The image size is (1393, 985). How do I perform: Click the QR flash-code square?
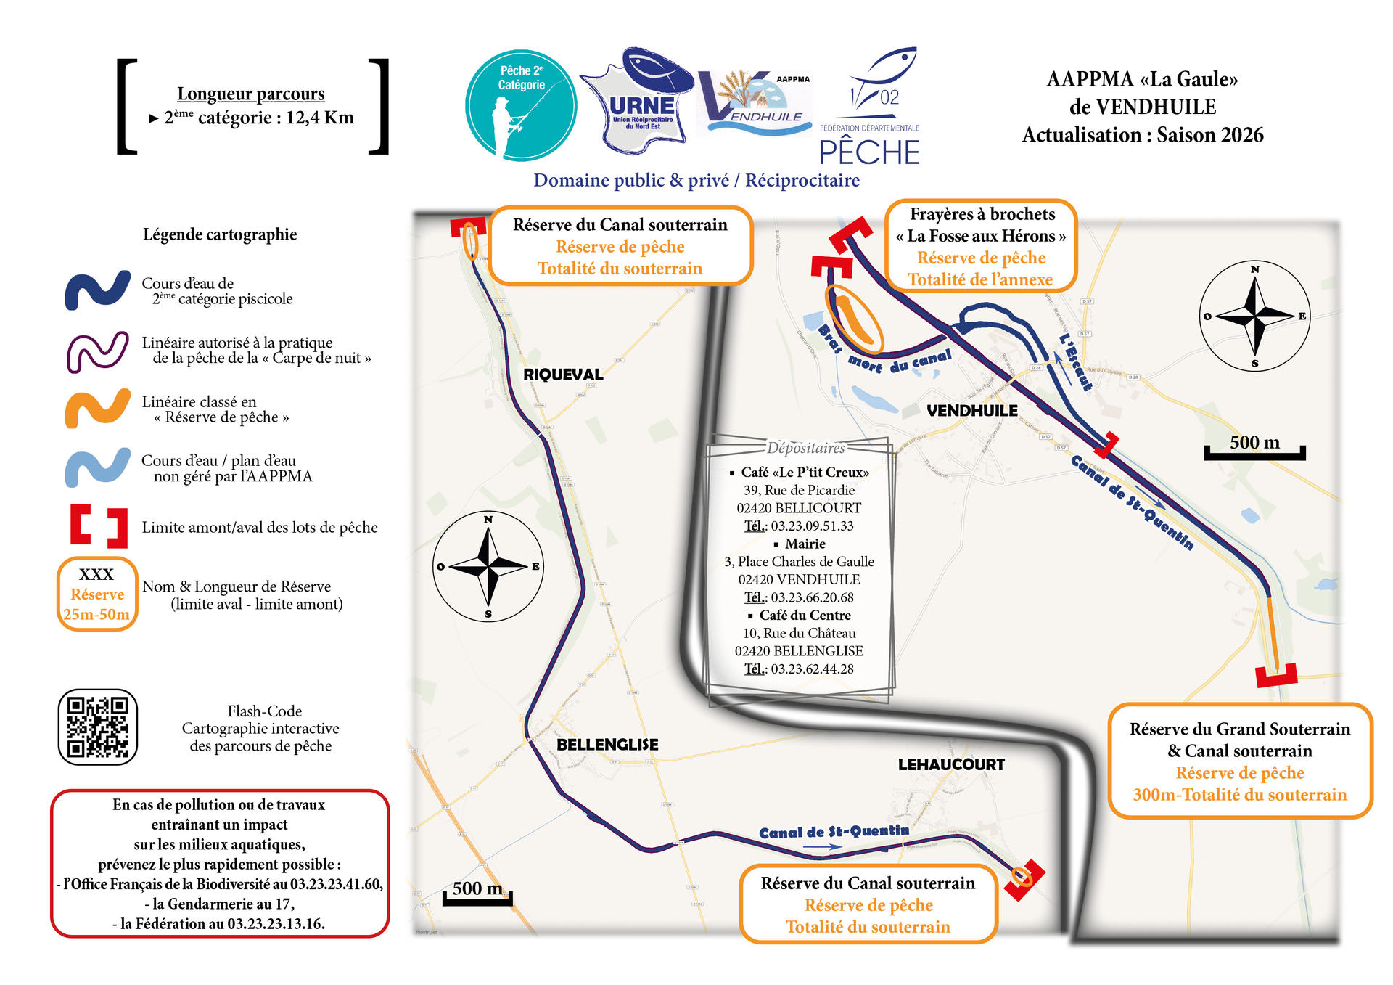(97, 727)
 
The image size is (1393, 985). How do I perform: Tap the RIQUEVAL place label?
(563, 375)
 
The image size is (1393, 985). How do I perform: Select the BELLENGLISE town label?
(607, 745)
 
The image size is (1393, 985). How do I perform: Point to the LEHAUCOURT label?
(951, 764)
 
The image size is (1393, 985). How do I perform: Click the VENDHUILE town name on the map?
(971, 411)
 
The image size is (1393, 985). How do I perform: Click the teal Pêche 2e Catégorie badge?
(521, 105)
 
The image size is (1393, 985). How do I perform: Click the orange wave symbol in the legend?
(97, 409)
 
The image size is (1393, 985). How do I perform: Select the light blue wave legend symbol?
(97, 467)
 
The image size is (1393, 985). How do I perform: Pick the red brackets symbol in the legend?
(99, 526)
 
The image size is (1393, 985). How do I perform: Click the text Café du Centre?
(805, 615)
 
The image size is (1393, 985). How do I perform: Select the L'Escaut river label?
(1075, 361)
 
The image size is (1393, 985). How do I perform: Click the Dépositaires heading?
(805, 448)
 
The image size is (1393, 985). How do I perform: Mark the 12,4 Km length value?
(319, 118)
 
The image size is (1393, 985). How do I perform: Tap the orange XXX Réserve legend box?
(97, 594)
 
